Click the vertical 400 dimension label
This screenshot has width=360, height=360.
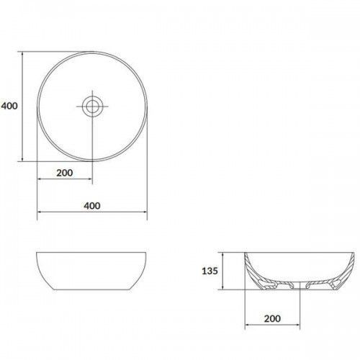(x=9, y=106)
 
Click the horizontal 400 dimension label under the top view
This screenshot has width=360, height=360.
(x=92, y=206)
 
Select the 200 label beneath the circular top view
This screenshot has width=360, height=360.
(x=65, y=173)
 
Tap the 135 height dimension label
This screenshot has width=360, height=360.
(x=210, y=271)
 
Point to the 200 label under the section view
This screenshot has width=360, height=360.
(x=272, y=319)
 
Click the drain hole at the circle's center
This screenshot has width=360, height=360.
(x=92, y=107)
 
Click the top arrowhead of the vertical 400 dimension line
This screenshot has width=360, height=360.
(x=22, y=54)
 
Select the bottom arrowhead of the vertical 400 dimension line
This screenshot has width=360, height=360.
(x=22, y=159)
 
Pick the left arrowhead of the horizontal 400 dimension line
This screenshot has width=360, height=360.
(x=40, y=212)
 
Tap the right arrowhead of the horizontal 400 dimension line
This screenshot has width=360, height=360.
(x=145, y=212)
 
